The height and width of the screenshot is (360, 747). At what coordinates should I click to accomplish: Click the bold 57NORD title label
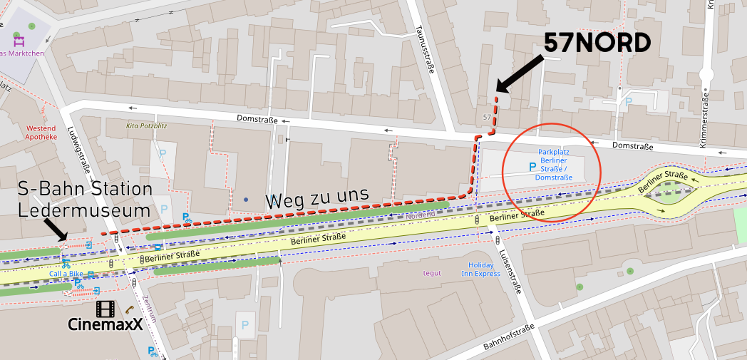[x=597, y=43]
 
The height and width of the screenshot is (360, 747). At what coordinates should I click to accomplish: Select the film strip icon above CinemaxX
[x=105, y=309]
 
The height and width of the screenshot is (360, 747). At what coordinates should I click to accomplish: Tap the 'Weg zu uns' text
[x=317, y=197]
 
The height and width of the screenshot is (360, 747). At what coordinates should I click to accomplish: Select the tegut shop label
[x=432, y=273]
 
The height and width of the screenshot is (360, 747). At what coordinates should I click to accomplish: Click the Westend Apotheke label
[x=41, y=133]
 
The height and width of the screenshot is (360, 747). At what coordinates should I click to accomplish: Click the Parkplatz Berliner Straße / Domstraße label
[x=555, y=165]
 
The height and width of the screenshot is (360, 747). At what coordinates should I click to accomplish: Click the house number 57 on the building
[x=487, y=116]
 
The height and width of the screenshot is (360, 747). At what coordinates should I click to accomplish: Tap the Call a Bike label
[x=66, y=274]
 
